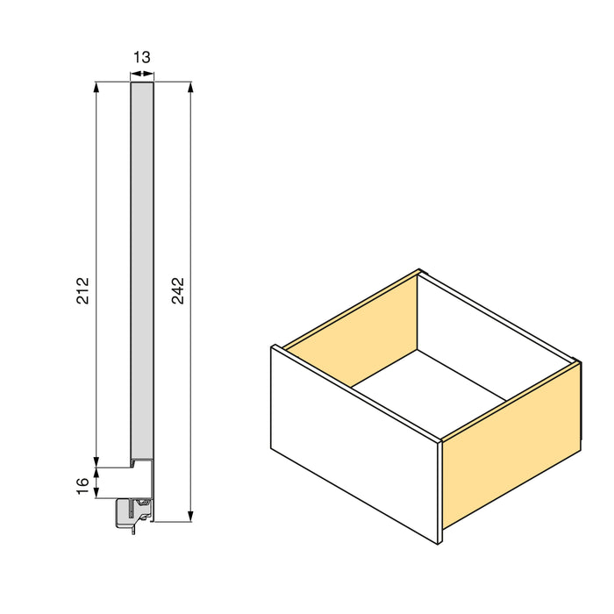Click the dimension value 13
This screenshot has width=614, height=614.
(x=141, y=57)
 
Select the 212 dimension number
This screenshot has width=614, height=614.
(x=83, y=290)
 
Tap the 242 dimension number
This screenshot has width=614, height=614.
(x=177, y=290)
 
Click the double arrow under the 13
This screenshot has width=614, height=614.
(x=142, y=75)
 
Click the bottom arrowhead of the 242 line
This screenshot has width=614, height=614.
(x=190, y=518)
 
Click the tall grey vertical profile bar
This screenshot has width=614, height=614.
(x=142, y=263)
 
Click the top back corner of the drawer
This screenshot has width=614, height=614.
(x=421, y=271)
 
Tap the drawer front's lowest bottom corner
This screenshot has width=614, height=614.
(x=439, y=545)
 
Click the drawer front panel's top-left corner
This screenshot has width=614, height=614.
(x=273, y=347)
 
